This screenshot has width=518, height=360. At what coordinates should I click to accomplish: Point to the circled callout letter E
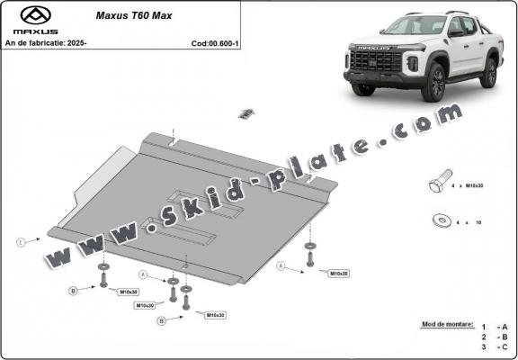point(21,241)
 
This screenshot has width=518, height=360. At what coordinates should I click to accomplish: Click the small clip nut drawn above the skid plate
point(243,113)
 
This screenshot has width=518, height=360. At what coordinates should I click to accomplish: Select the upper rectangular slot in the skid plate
point(210,202)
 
